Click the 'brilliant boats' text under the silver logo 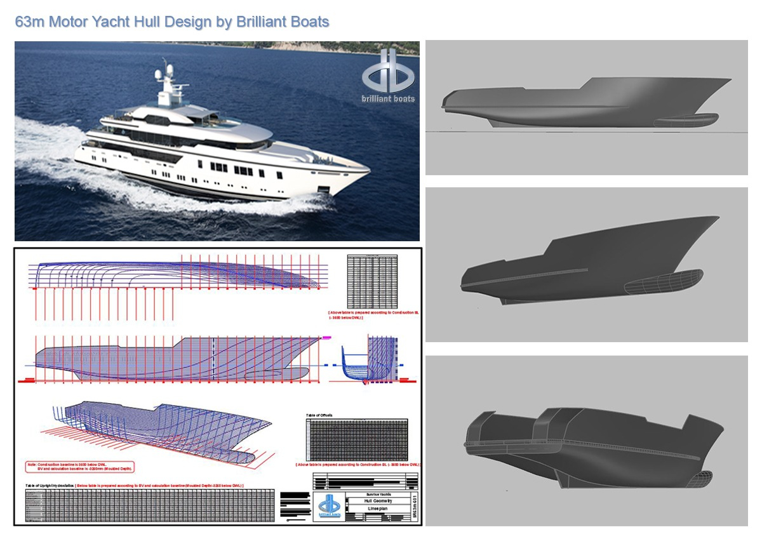[x=388, y=98]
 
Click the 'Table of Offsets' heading [x=319, y=415]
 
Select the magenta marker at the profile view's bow [x=328, y=338]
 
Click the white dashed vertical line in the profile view [x=213, y=358]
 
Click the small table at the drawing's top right [x=373, y=281]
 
